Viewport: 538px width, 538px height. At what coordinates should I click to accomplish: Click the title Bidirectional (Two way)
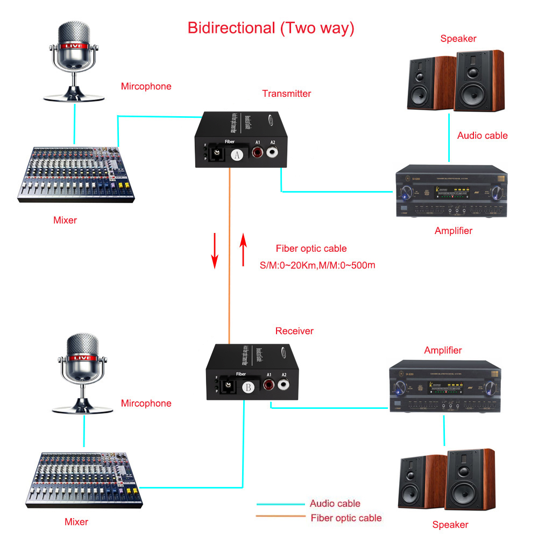click(x=271, y=28)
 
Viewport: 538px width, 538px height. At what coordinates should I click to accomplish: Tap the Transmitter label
click(x=286, y=94)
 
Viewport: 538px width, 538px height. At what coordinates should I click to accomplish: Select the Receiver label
click(x=294, y=331)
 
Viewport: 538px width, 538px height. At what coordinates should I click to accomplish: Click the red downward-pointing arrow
click(x=215, y=250)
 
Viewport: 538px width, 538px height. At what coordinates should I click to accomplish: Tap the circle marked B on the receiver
click(x=249, y=387)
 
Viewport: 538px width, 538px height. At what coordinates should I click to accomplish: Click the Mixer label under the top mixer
click(x=65, y=220)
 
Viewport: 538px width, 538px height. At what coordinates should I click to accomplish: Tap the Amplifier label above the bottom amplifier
click(x=443, y=350)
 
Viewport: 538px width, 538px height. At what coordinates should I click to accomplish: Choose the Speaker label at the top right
click(x=458, y=39)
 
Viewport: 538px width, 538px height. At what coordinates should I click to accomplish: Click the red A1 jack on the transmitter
click(x=258, y=152)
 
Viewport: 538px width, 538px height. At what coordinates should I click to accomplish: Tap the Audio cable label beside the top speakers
click(x=482, y=136)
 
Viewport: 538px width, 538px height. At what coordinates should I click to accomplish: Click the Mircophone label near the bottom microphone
click(x=146, y=403)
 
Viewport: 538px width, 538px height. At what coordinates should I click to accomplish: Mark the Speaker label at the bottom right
click(x=450, y=525)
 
